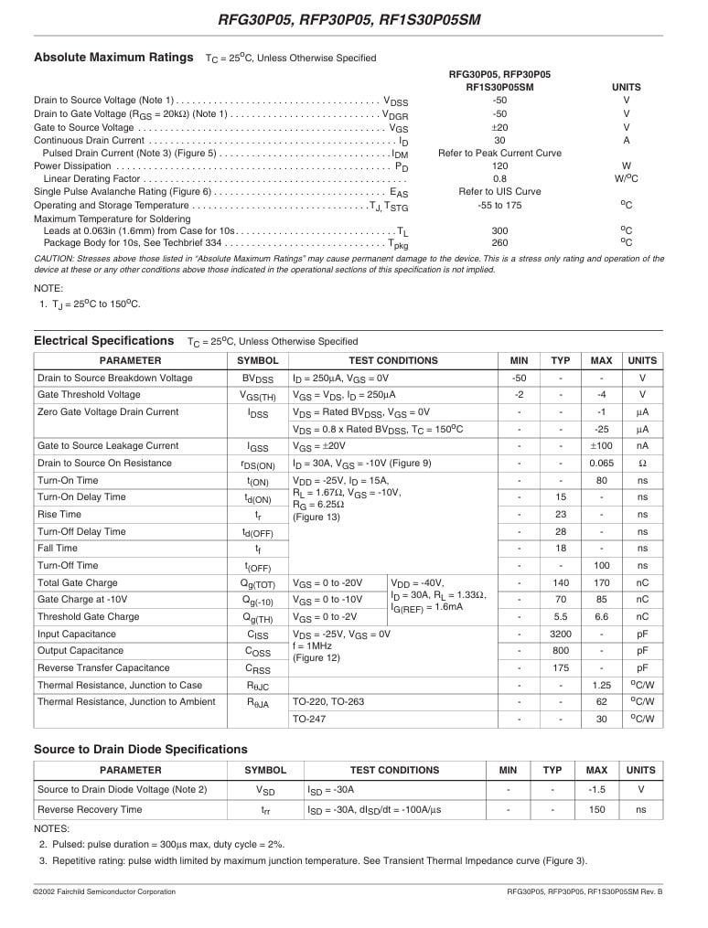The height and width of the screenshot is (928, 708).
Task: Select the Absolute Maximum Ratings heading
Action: click(x=113, y=58)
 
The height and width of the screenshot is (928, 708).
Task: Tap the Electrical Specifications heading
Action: click(x=103, y=341)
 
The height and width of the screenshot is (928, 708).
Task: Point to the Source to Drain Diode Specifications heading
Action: click(x=141, y=749)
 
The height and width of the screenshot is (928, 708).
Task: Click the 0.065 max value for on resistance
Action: click(x=601, y=464)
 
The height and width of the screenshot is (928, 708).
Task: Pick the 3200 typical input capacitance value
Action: click(x=560, y=634)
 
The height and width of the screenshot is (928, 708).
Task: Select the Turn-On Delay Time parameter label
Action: click(x=81, y=497)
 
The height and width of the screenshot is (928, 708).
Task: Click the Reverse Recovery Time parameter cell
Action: click(x=90, y=809)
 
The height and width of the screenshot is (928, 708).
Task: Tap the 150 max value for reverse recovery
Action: click(x=596, y=809)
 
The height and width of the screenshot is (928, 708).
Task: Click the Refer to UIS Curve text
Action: click(x=499, y=192)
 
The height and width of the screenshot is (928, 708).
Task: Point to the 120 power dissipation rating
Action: click(x=499, y=166)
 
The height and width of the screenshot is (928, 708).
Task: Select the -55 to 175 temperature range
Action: click(x=499, y=206)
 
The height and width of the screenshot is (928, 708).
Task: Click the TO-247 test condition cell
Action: click(x=311, y=720)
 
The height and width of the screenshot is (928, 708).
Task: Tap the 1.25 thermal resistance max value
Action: click(x=601, y=685)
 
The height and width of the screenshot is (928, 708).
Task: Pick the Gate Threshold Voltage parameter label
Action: click(x=89, y=395)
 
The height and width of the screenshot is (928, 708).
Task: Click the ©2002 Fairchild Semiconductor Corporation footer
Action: click(x=104, y=891)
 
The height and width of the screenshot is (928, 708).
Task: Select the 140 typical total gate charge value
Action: click(x=560, y=582)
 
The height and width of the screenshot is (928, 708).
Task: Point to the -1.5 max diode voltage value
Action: click(x=596, y=789)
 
